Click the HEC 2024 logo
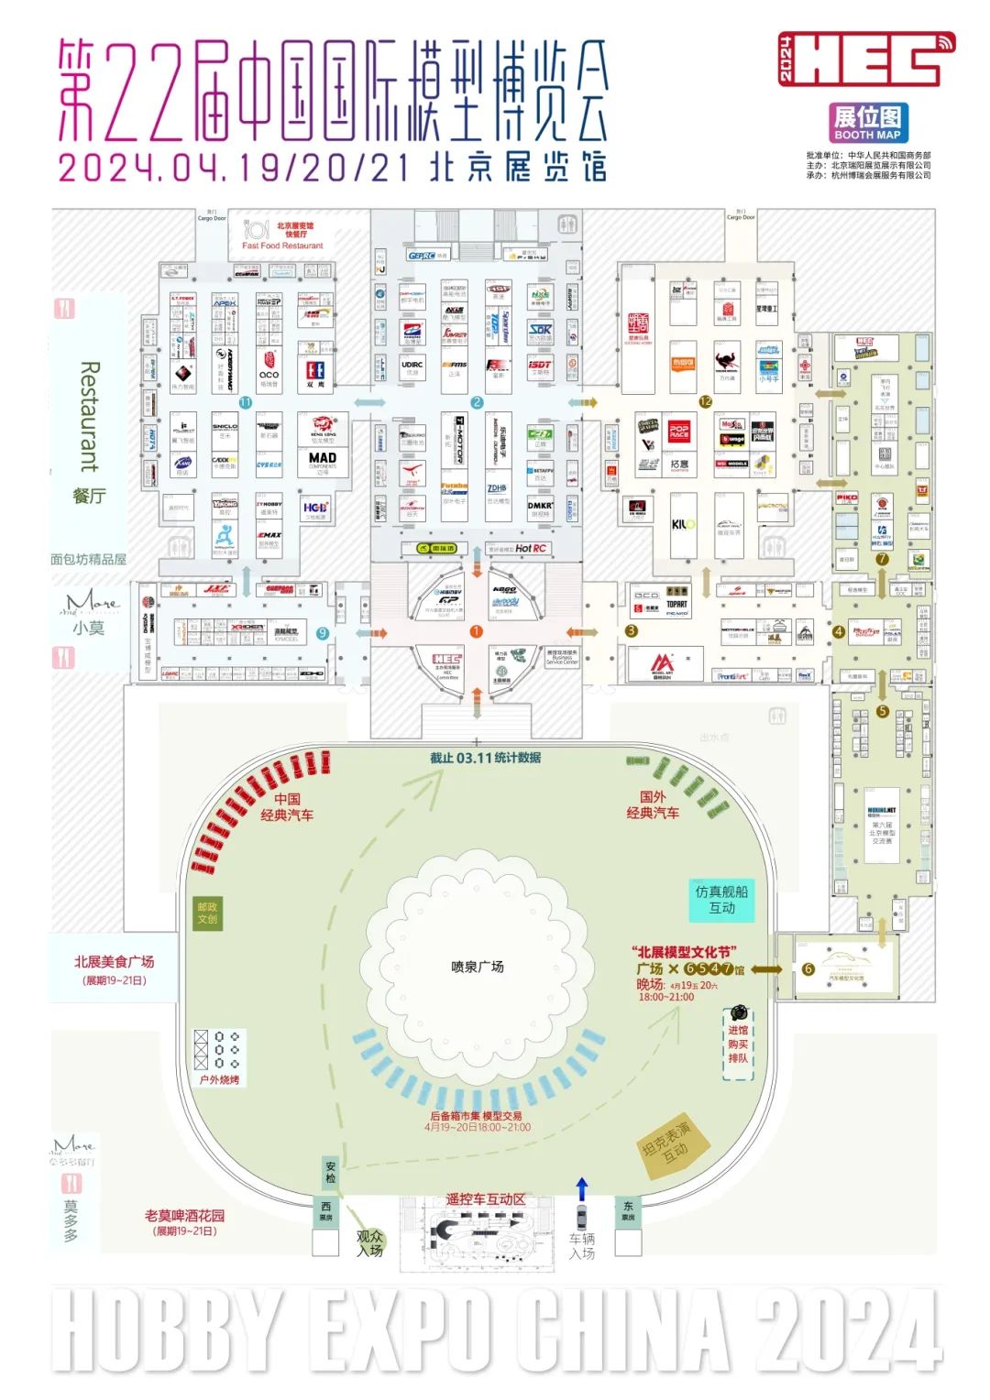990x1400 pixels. click(866, 60)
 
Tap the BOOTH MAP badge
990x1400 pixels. click(867, 123)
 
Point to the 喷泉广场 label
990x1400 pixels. click(477, 967)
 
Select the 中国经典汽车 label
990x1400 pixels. click(287, 806)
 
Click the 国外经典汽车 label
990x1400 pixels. click(653, 804)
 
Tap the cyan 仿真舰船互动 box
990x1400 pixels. click(721, 900)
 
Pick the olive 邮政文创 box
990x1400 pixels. click(207, 913)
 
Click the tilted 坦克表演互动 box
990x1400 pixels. click(676, 1144)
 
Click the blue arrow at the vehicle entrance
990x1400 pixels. click(581, 1189)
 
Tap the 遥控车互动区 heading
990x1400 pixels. click(486, 1199)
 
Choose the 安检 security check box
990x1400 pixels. click(331, 1173)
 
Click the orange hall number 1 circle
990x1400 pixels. click(476, 631)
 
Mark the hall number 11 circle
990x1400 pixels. click(245, 402)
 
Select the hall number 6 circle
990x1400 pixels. click(808, 968)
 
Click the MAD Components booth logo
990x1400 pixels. click(323, 460)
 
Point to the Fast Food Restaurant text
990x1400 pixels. click(282, 246)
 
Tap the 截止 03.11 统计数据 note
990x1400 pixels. click(486, 758)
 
